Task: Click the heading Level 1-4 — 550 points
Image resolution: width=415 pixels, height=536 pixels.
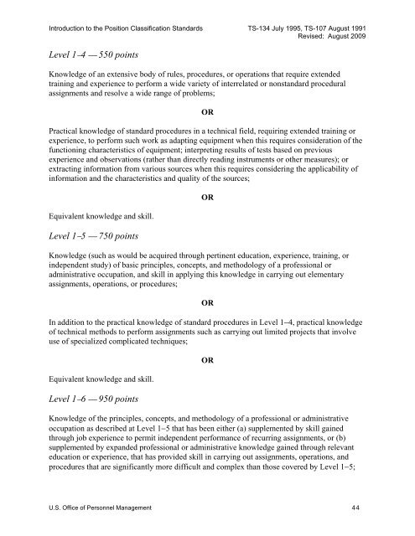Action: tap(93, 52)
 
